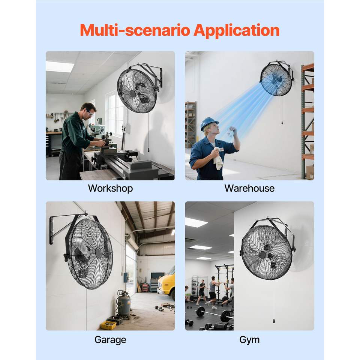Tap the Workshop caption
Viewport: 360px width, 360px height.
(110, 189)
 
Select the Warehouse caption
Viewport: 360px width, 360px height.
(250, 188)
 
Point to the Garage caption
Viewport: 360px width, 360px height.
(110, 340)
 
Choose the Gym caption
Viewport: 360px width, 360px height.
(250, 340)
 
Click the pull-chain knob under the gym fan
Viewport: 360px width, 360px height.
(274, 321)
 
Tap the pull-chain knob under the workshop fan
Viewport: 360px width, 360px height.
(149, 150)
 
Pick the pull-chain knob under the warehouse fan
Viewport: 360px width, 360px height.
(282, 123)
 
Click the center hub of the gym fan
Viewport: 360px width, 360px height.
(262, 255)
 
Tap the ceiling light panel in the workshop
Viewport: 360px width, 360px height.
(60, 66)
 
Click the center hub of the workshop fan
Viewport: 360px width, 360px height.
(132, 94)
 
